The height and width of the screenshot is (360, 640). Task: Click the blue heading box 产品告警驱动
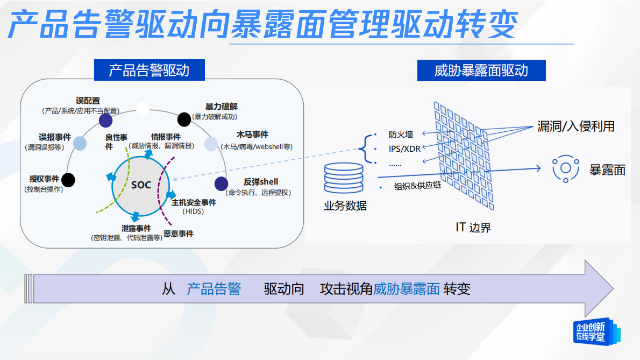click(149, 70)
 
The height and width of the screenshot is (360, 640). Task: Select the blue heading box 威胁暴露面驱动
click(481, 70)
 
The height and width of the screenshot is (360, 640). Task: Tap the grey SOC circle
click(141, 185)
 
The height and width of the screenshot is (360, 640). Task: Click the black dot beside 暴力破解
click(184, 118)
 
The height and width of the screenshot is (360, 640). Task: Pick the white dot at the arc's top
click(143, 109)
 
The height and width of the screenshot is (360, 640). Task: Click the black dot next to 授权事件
click(68, 180)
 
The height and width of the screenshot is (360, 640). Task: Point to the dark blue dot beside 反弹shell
click(221, 184)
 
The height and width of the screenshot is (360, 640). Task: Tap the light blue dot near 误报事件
click(80, 143)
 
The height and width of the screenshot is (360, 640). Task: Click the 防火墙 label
click(401, 135)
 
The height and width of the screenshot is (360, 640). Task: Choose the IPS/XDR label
click(404, 149)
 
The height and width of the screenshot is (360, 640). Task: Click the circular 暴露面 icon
click(565, 168)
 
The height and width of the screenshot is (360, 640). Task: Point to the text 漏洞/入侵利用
click(575, 126)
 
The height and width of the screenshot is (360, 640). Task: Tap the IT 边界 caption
click(473, 227)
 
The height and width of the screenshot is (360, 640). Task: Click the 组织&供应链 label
click(417, 186)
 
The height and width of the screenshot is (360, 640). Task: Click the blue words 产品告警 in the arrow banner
click(214, 289)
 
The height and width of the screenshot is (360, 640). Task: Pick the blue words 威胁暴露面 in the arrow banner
click(407, 289)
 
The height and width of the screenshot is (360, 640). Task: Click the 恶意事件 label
click(179, 234)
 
